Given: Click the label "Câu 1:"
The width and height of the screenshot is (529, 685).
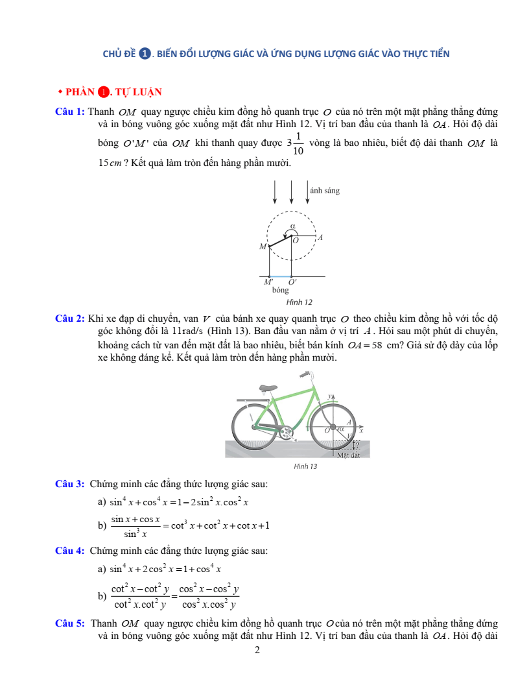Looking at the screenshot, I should pyautogui.click(x=70, y=112).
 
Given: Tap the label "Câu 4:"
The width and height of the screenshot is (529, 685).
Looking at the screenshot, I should pyautogui.click(x=70, y=551).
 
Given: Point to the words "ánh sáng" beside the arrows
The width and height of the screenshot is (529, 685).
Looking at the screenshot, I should pyautogui.click(x=325, y=191).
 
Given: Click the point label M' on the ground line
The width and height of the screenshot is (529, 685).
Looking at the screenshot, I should pyautogui.click(x=268, y=282).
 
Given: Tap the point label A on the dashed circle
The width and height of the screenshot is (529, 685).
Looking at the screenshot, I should pyautogui.click(x=320, y=238).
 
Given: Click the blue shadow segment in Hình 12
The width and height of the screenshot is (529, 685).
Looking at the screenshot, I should pyautogui.click(x=281, y=276).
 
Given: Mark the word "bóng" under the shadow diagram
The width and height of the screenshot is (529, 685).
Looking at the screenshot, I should pyautogui.click(x=281, y=291).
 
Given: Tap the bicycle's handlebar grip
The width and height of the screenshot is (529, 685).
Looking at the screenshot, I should pyautogui.click(x=305, y=375).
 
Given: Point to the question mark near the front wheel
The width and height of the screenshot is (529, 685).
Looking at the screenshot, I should pyautogui.click(x=357, y=445).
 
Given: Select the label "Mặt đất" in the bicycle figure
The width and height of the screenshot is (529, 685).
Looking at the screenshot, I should pyautogui.click(x=349, y=455).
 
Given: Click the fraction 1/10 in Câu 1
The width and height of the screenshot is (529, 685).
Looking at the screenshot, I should pyautogui.click(x=298, y=143).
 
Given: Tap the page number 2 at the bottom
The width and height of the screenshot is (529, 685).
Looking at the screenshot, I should pyautogui.click(x=257, y=650).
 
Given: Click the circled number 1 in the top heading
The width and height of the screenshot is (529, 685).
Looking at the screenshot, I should pyautogui.click(x=145, y=54).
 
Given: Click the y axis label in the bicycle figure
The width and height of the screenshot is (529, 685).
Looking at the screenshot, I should pyautogui.click(x=329, y=395).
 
